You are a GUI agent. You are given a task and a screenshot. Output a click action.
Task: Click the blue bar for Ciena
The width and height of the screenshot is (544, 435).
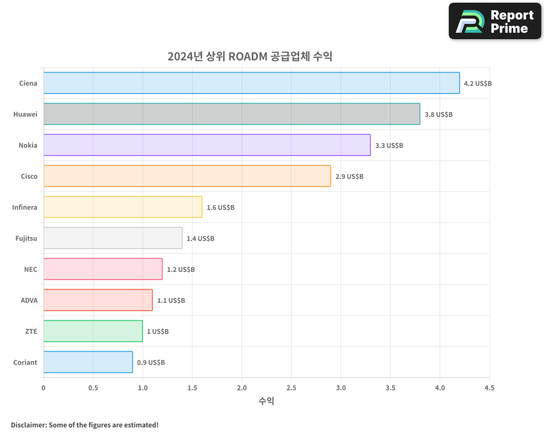pos(251,83)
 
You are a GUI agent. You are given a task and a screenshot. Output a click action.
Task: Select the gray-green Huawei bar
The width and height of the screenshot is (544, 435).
pos(232,114)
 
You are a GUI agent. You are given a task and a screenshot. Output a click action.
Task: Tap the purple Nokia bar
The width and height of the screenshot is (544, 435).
pos(207,145)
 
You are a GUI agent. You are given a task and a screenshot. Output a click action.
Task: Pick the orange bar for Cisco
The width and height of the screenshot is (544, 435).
pos(187,176)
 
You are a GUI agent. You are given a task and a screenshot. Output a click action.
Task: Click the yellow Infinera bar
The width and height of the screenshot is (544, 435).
pos(123,207)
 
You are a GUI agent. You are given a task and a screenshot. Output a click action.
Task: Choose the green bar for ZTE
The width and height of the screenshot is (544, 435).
pos(93,331)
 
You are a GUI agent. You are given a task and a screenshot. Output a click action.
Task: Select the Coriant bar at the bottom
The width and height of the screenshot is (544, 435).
pos(88,362)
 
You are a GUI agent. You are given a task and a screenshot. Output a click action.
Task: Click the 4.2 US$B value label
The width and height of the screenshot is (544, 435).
pos(478,84)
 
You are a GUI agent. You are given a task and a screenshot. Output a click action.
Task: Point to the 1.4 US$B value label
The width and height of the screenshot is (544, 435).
pos(200,239)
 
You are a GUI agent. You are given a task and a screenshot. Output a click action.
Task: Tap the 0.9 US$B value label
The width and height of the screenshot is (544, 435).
pos(151,363)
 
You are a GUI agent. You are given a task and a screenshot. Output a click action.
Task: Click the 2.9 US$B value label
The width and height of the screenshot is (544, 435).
pos(349,177)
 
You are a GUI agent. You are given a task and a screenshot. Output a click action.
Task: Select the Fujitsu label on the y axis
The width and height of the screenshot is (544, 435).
pos(26,238)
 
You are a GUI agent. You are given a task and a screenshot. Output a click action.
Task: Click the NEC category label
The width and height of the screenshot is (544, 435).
pos(30,269)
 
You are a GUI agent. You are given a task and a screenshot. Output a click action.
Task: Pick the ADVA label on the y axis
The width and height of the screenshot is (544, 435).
pos(29,300)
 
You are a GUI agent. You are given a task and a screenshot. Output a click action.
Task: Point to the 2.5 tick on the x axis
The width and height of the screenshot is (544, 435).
pos(291,388)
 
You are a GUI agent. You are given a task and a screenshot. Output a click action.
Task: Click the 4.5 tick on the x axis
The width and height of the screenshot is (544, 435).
pos(489,388)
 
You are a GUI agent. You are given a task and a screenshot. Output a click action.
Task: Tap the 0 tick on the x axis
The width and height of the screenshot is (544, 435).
pos(44,388)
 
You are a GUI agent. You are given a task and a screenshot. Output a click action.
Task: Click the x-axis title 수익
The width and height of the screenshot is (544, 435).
pos(267,401)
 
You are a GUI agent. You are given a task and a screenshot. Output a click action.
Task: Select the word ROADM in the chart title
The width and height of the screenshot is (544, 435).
pos(247,57)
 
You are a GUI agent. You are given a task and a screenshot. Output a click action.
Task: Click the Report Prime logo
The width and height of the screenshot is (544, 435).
pos(495,21)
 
